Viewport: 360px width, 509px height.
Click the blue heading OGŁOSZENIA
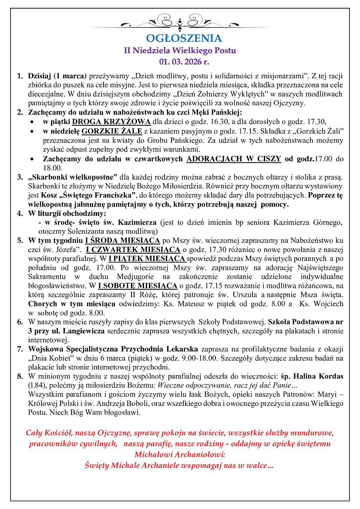[180, 38]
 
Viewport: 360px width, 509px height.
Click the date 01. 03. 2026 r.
[180, 60]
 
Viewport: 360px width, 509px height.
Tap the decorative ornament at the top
[180, 21]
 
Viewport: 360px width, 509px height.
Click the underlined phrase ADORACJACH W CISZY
[234, 159]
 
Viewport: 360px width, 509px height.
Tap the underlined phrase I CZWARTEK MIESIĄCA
[133, 249]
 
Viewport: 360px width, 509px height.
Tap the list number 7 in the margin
[20, 349]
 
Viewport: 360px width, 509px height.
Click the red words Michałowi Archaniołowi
[179, 454]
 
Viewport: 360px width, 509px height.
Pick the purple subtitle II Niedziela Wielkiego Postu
[180, 50]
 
